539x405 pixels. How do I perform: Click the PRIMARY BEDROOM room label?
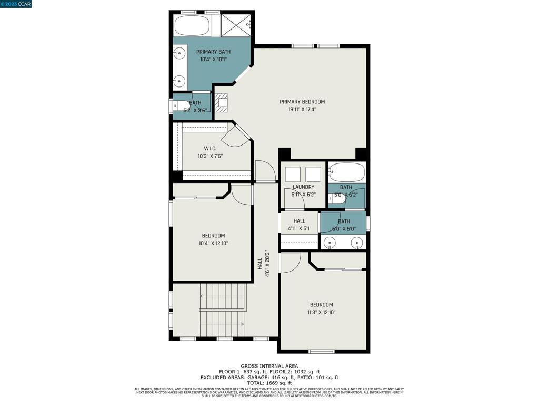point(302,102)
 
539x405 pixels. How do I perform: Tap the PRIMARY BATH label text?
point(213,52)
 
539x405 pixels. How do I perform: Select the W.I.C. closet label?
point(210,148)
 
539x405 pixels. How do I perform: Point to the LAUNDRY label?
point(303,187)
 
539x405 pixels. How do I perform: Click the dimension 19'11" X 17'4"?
point(302,110)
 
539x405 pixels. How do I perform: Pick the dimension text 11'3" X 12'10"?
point(321,312)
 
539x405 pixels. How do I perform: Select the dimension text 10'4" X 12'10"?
point(213,243)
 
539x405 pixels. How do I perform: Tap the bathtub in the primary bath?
point(192,25)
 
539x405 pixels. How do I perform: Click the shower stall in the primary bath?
point(236,25)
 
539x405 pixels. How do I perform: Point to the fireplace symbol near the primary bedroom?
point(222,103)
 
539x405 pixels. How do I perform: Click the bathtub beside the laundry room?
point(346,172)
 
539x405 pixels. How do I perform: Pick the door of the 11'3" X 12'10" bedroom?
point(289,262)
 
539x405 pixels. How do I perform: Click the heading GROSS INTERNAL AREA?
point(269,366)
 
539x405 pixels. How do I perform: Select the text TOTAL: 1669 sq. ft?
point(269,383)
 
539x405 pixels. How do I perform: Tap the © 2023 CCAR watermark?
point(16,4)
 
